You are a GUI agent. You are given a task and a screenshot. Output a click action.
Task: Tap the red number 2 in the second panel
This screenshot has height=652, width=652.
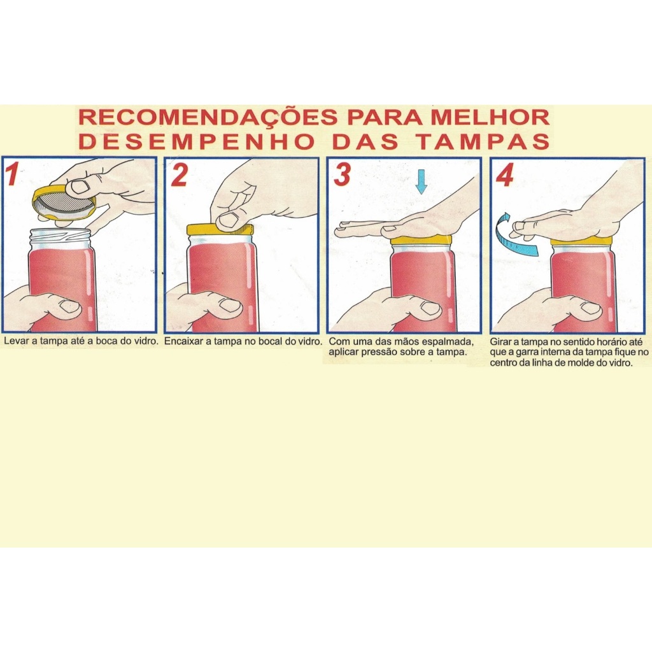pos(180,175)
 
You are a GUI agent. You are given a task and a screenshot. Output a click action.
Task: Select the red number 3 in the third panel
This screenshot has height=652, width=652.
pos(342,175)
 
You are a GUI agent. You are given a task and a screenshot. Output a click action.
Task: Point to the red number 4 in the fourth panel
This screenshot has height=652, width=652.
pos(505,175)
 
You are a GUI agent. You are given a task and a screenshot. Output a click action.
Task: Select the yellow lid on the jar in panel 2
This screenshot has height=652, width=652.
pos(220,230)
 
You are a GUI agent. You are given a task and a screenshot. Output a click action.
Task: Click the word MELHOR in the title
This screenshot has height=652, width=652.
pos(490,118)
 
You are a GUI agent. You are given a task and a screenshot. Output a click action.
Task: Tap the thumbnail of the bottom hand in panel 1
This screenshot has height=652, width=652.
pos(70,308)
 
